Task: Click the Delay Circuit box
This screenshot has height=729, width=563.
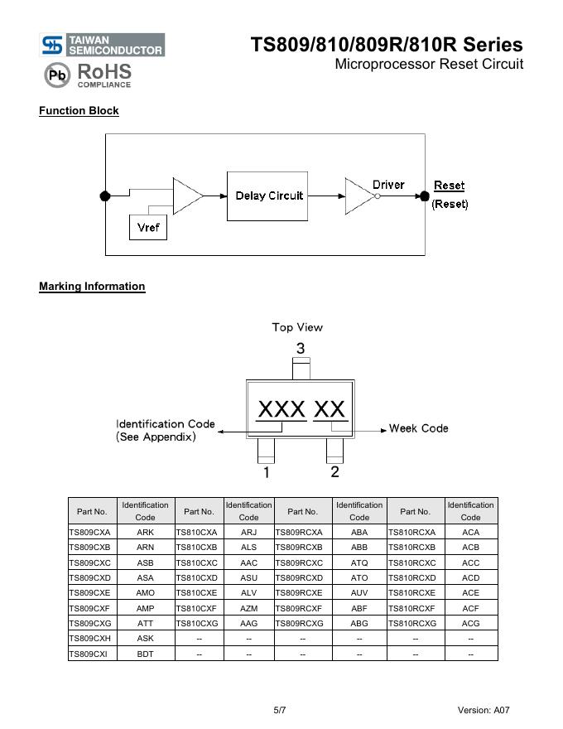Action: pyautogui.click(x=269, y=196)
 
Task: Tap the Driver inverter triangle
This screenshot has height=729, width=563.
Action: pyautogui.click(x=359, y=196)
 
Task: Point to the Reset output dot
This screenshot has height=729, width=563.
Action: pyautogui.click(x=425, y=196)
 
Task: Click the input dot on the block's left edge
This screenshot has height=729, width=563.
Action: pyautogui.click(x=105, y=196)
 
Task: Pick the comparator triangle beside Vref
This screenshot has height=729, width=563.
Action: pyautogui.click(x=186, y=196)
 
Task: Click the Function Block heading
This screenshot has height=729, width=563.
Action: pyautogui.click(x=79, y=111)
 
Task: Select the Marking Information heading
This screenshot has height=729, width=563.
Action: pyautogui.click(x=92, y=287)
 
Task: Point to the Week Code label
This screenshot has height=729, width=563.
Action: pyautogui.click(x=419, y=428)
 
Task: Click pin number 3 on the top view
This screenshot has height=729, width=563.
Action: pyautogui.click(x=301, y=349)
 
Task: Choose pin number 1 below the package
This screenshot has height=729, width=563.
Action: pyautogui.click(x=266, y=473)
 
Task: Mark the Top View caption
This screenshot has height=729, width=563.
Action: pyautogui.click(x=297, y=327)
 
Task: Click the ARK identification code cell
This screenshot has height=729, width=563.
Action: pyautogui.click(x=145, y=533)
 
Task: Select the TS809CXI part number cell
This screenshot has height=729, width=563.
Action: pyautogui.click(x=92, y=654)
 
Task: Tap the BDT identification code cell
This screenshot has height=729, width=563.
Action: pyautogui.click(x=145, y=654)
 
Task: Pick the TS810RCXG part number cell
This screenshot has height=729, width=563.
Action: pyautogui.click(x=415, y=623)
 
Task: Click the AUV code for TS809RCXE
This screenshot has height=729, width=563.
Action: pyautogui.click(x=359, y=593)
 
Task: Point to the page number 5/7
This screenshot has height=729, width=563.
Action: pyautogui.click(x=280, y=710)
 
